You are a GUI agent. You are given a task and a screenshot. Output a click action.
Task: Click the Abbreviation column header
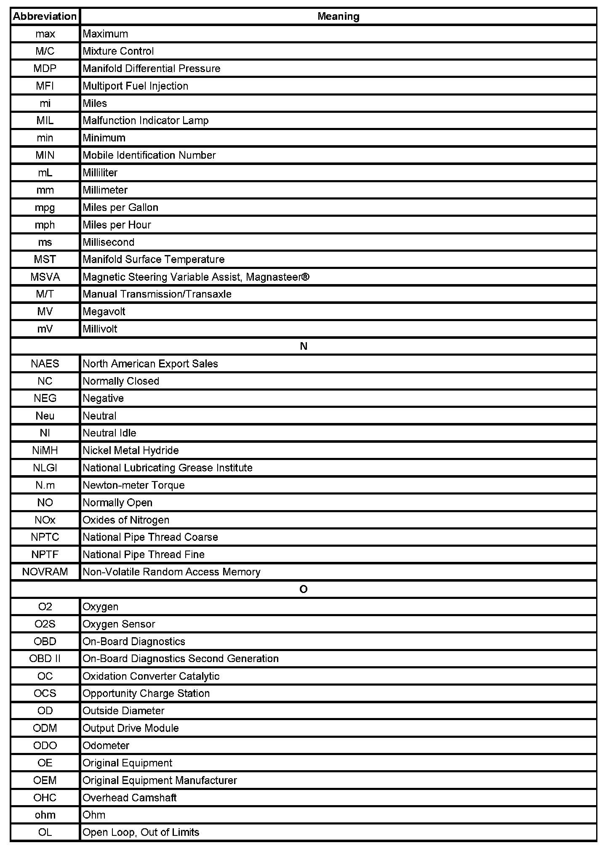coord(45,16)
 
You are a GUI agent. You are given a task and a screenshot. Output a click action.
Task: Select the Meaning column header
coord(338,16)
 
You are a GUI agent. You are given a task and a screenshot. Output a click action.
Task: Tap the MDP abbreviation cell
coord(45,69)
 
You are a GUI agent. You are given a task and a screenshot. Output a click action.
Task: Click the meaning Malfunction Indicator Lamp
coord(145,121)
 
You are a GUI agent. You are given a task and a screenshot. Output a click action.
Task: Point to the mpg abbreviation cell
coord(45,207)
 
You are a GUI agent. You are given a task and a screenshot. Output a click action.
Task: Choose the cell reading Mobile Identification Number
coord(149,155)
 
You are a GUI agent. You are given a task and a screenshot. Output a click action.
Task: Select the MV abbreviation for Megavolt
coord(45,311)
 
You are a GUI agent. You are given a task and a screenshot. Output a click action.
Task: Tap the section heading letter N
coord(303,346)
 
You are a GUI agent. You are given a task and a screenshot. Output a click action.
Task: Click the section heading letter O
coord(303,589)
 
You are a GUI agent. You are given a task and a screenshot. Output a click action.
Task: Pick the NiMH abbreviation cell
coord(45,450)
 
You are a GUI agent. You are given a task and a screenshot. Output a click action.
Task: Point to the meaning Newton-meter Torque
coord(133,485)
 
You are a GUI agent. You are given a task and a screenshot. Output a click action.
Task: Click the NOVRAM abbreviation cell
coord(45,572)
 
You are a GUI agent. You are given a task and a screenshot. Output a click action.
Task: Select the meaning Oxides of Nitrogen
coord(126,520)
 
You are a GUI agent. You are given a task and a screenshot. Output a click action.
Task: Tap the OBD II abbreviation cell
coord(45,659)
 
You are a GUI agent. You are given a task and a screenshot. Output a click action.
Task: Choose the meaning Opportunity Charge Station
coord(146,693)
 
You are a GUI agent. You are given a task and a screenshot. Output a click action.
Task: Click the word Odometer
coord(106,745)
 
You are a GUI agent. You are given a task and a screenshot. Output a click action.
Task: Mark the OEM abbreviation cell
coord(45,780)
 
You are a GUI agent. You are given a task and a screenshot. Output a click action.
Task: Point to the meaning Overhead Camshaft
coord(129,798)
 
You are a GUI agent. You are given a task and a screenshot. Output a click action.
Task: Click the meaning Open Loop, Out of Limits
coord(141,832)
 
